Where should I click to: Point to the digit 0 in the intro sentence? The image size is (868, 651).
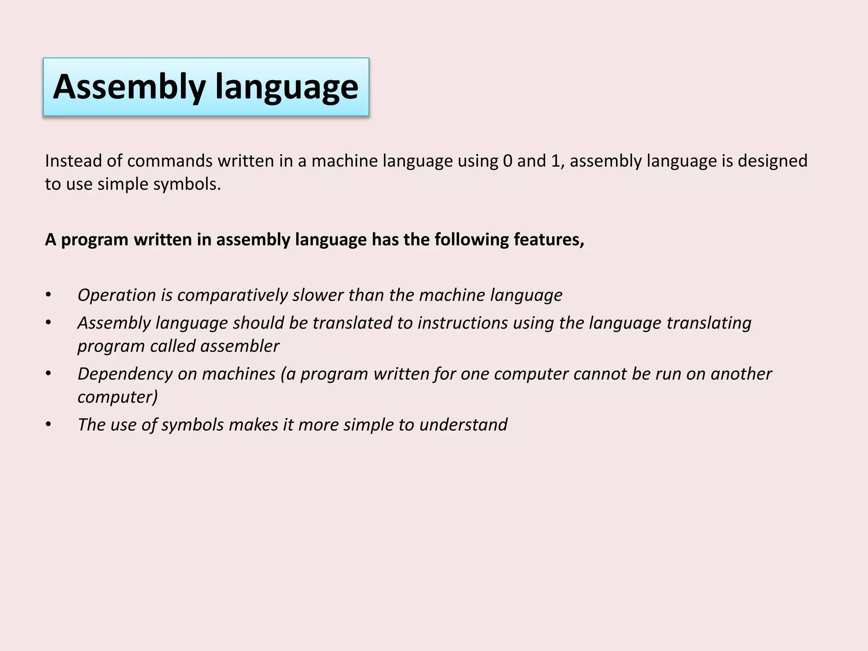tap(507, 161)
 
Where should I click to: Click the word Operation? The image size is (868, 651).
tap(117, 295)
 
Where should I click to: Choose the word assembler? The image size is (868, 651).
tap(239, 346)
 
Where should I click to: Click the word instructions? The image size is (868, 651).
tap(462, 323)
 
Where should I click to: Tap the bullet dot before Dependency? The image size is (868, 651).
tap(48, 374)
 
